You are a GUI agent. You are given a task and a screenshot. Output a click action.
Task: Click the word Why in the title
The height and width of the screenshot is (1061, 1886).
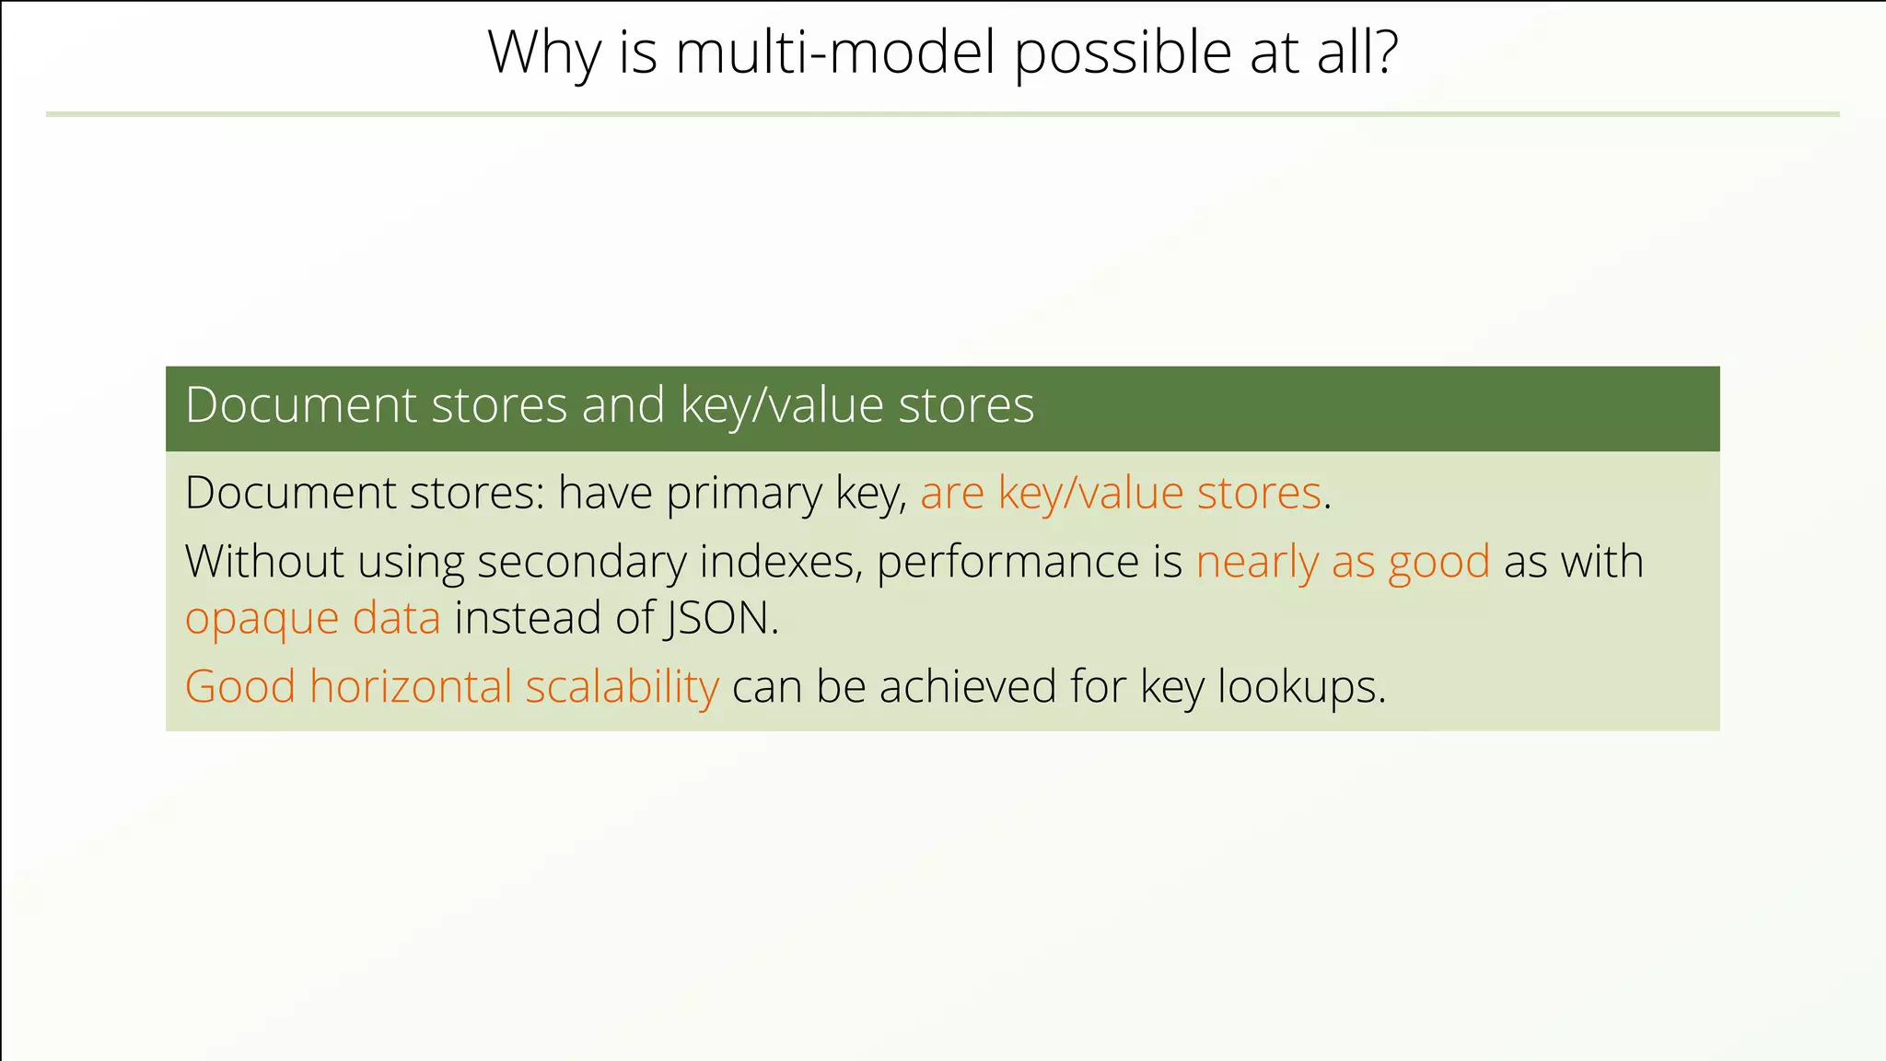[544, 53]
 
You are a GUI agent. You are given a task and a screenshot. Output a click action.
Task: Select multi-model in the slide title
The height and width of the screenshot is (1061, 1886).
[835, 53]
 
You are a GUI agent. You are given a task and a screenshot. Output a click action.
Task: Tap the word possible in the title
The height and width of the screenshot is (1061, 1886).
[1123, 53]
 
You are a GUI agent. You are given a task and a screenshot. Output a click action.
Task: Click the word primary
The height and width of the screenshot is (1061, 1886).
[743, 494]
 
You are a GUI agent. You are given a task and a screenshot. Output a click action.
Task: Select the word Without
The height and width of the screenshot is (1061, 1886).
[264, 562]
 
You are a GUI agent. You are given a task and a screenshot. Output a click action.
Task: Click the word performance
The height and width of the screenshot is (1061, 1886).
[1007, 562]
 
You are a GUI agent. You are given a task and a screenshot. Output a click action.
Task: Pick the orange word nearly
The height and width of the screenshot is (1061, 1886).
[1257, 562]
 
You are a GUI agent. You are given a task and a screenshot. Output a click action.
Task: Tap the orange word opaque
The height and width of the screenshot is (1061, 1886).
[262, 619]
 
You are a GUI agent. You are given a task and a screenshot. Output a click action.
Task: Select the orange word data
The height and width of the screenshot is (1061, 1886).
[396, 617]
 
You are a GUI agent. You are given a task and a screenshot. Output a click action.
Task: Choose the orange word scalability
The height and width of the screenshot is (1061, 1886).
[622, 686]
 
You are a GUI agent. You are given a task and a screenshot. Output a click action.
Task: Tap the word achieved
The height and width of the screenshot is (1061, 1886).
[967, 686]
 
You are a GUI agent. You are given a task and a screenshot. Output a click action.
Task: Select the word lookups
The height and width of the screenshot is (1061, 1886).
[1300, 686]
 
